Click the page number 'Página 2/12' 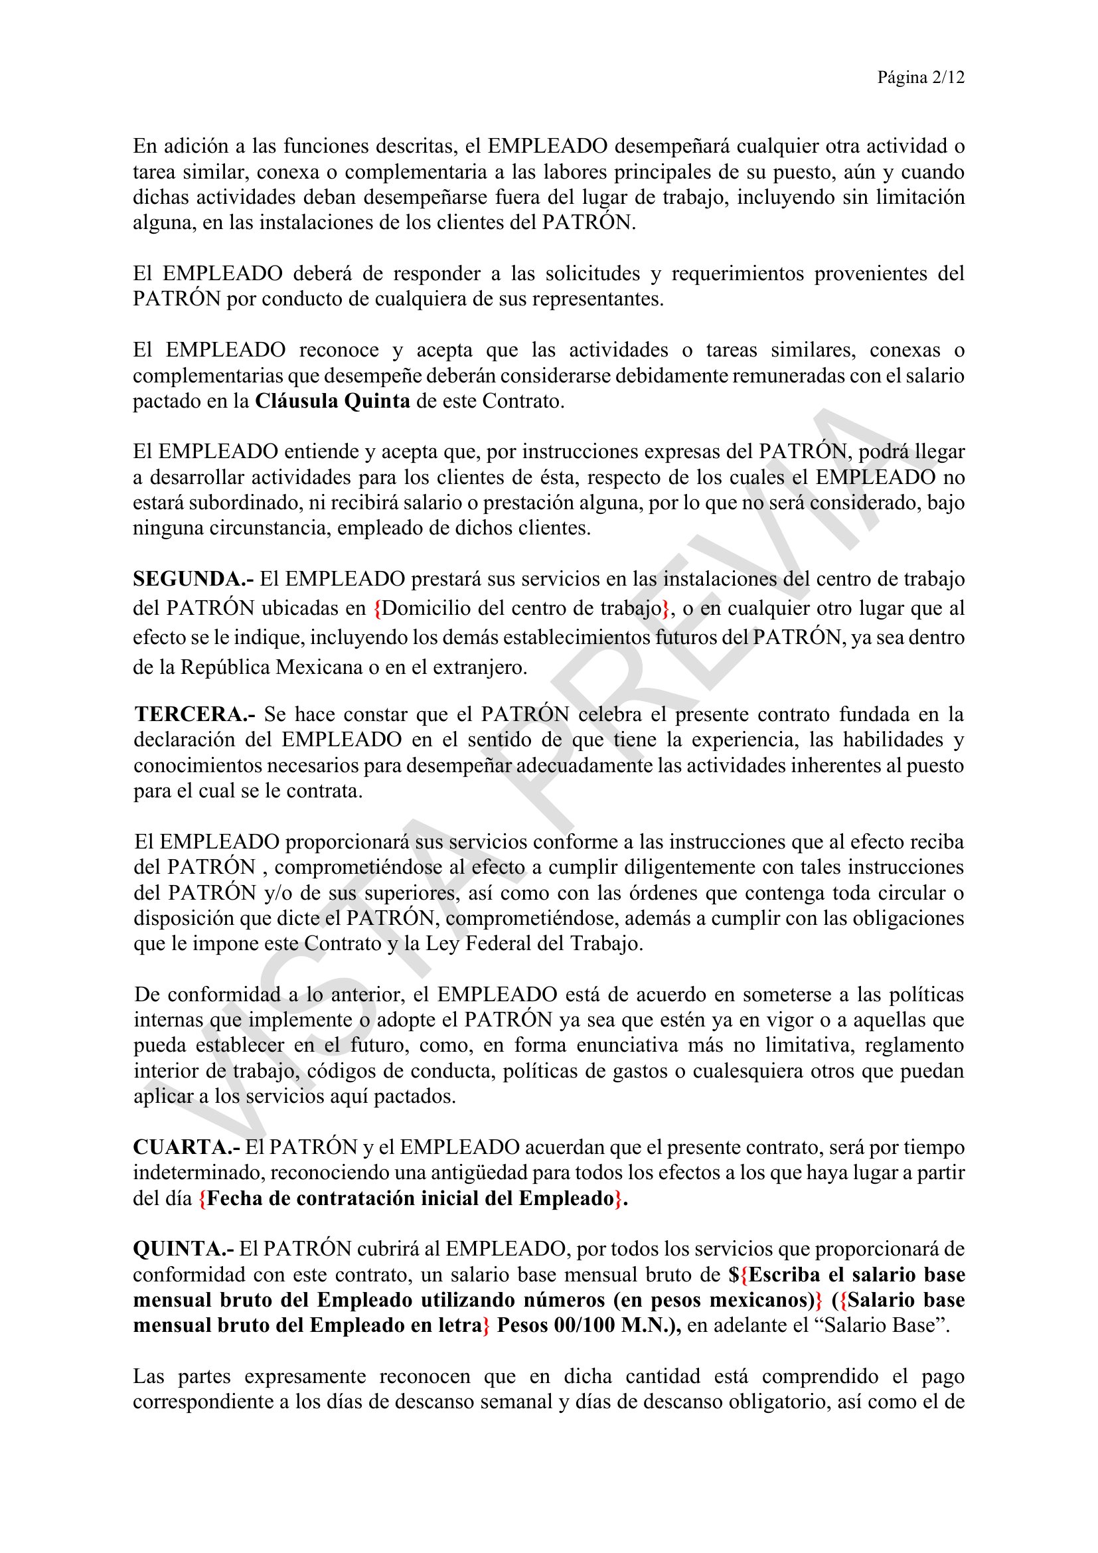(x=920, y=78)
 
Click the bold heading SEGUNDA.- (x=193, y=579)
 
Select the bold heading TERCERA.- (x=195, y=714)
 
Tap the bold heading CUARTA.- (x=186, y=1147)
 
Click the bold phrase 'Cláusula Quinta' (x=333, y=401)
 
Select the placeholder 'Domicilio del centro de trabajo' (x=521, y=608)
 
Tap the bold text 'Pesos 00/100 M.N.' (x=588, y=1325)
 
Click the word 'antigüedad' (x=447, y=1173)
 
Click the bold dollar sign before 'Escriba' (x=734, y=1275)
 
